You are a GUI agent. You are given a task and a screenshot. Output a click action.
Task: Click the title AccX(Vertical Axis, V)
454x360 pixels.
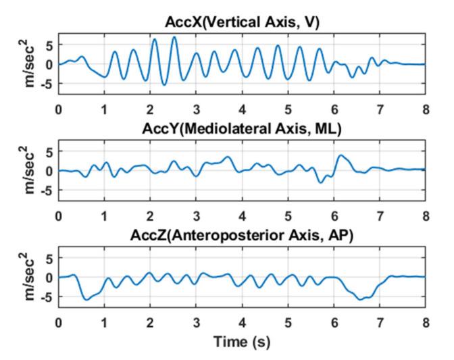coord(242,22)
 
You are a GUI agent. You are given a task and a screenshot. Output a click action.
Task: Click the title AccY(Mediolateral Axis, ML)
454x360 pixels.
coord(242,130)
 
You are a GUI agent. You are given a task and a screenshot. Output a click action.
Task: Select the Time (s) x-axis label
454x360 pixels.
coord(242,342)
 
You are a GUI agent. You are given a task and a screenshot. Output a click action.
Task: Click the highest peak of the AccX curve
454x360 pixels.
coord(174,37)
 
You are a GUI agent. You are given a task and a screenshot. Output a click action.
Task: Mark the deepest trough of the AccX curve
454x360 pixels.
coord(164,84)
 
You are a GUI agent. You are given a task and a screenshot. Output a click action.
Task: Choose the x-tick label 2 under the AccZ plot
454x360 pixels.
coord(150,322)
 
